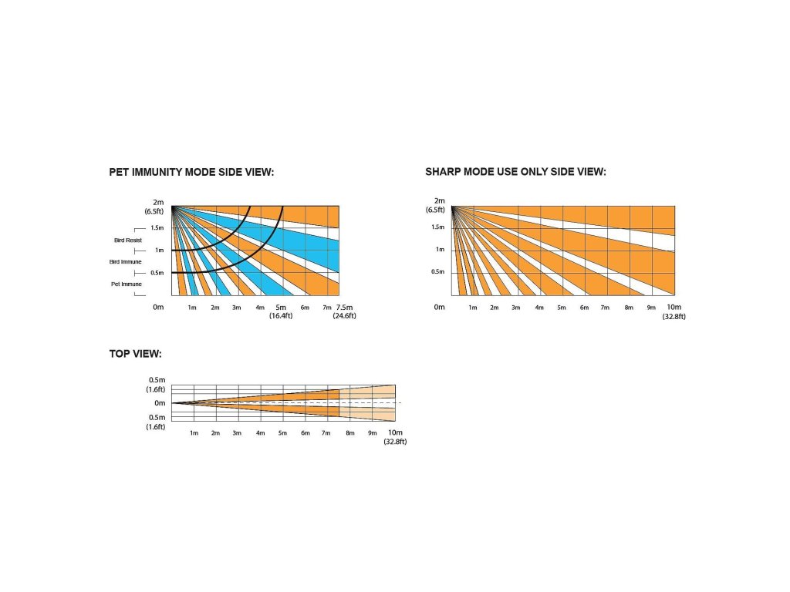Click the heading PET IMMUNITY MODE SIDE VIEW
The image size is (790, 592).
(x=191, y=172)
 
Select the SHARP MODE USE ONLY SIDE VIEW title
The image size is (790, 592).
(x=515, y=171)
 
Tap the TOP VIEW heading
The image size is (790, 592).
(x=135, y=354)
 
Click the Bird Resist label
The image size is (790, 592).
(x=128, y=240)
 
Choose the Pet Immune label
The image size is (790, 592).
(x=127, y=284)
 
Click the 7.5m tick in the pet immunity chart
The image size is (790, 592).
(x=344, y=307)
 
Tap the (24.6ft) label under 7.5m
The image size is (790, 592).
(x=344, y=316)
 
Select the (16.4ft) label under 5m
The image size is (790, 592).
(x=279, y=316)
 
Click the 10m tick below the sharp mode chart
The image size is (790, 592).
(x=674, y=307)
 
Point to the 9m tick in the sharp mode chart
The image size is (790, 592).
(x=651, y=308)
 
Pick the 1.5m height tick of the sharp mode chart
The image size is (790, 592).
(x=437, y=227)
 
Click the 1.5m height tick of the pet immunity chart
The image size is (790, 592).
(x=157, y=228)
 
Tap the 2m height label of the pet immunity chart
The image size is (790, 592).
(x=159, y=202)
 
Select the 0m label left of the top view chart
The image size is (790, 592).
(x=160, y=403)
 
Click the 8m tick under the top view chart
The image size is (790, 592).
(x=350, y=433)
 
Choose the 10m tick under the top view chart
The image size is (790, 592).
(x=395, y=432)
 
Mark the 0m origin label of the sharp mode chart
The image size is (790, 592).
(x=439, y=307)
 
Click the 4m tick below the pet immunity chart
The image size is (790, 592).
(x=260, y=308)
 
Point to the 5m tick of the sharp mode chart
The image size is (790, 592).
(x=562, y=308)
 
